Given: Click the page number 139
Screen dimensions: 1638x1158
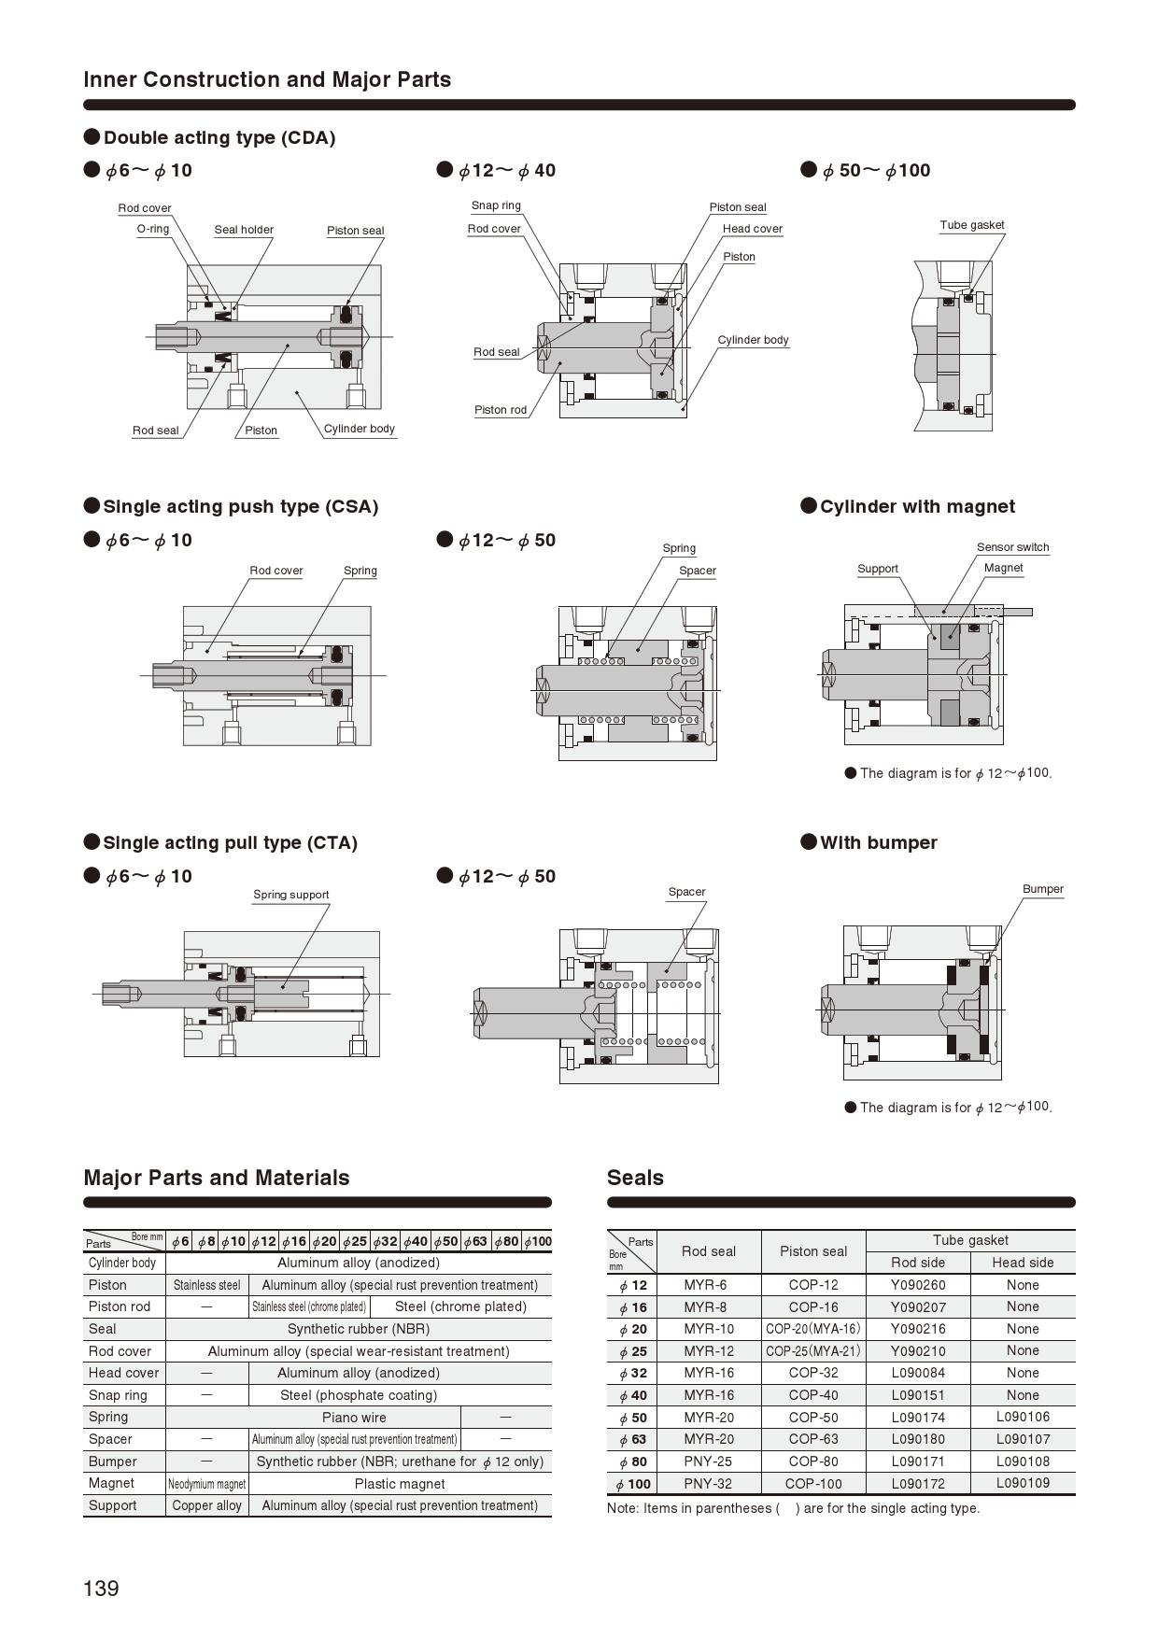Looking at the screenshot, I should click(102, 1589).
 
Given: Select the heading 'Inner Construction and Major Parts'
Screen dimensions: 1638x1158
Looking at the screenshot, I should click(267, 79).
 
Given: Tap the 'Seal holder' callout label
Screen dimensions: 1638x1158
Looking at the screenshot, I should click(244, 230).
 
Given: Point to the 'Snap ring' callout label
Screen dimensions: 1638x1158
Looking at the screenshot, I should click(496, 205).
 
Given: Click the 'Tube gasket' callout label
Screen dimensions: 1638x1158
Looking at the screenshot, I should click(972, 225).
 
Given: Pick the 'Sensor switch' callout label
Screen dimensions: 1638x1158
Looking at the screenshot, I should click(1012, 547).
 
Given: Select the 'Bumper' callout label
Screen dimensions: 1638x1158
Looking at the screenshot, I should click(1042, 889).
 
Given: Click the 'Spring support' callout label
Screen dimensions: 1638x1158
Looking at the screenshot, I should click(291, 895).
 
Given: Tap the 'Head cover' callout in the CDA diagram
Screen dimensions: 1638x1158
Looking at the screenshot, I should click(752, 229).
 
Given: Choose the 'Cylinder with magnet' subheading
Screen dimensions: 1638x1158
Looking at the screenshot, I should click(917, 506).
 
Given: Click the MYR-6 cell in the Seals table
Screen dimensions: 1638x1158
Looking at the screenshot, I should click(708, 1285).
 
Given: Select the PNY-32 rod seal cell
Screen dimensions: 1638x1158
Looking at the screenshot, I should click(708, 1483).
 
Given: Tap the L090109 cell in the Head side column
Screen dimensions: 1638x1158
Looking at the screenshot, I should click(1023, 1483).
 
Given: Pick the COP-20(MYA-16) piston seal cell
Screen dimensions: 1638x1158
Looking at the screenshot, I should click(812, 1329).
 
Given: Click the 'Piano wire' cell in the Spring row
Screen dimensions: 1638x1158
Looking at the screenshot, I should click(354, 1417).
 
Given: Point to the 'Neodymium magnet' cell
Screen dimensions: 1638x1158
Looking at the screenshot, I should click(206, 1484).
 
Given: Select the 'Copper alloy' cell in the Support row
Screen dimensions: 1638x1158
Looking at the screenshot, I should click(206, 1505).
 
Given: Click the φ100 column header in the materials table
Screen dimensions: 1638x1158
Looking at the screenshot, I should click(537, 1241).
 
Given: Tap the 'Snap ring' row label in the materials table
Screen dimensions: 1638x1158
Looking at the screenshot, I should click(118, 1395).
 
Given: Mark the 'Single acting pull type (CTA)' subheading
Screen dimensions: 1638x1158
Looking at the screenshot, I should click(230, 842).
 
